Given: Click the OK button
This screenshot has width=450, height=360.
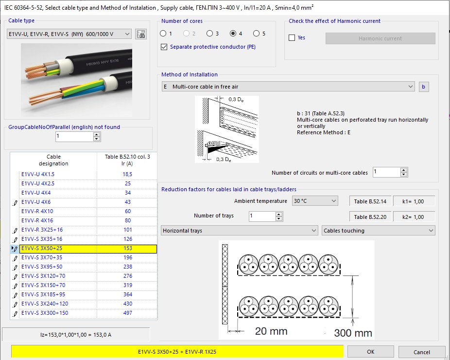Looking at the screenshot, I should click(x=370, y=352).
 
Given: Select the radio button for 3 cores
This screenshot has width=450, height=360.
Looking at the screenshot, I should click(x=209, y=34).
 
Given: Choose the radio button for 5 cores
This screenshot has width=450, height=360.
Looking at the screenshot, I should click(x=256, y=34).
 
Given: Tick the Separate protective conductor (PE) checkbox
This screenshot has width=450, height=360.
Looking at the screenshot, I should click(x=164, y=47).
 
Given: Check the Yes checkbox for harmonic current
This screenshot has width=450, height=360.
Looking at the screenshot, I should click(x=292, y=38).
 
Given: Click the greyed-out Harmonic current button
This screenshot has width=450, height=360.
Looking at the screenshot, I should click(x=380, y=38).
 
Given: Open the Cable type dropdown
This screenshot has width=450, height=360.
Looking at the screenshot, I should click(x=69, y=34).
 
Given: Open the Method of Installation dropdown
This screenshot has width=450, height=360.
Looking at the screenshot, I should click(x=288, y=87).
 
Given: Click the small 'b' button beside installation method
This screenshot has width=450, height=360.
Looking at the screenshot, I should click(x=424, y=87).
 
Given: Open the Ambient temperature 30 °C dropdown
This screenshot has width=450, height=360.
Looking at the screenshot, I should click(x=314, y=201).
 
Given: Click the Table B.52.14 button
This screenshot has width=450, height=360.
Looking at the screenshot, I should click(x=370, y=201).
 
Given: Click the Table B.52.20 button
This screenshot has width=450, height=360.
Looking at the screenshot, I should click(x=370, y=217).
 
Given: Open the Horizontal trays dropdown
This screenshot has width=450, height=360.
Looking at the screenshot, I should click(x=239, y=231).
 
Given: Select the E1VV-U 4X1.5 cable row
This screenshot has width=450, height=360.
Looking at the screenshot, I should click(x=37, y=174).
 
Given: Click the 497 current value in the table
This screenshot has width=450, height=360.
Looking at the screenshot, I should click(x=127, y=313).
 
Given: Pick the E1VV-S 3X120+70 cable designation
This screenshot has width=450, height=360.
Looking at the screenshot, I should click(x=45, y=276).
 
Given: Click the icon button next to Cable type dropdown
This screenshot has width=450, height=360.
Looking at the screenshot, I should click(x=140, y=34).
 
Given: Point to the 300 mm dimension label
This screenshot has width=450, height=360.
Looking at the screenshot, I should click(x=353, y=333).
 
